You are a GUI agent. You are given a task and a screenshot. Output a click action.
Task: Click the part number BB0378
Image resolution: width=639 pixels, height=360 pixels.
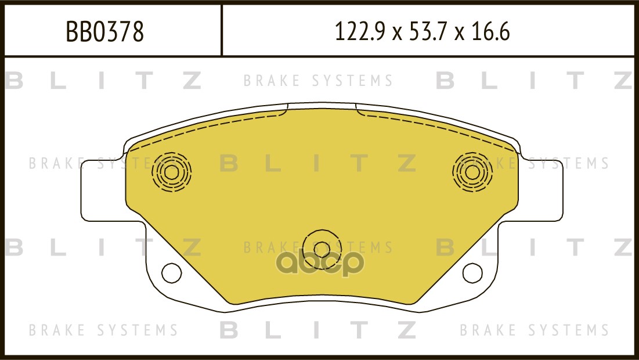(x=104, y=32)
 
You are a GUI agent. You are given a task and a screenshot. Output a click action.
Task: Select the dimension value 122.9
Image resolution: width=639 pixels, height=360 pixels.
(x=360, y=32)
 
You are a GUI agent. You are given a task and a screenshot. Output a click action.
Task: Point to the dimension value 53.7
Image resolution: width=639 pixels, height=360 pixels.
(x=426, y=32)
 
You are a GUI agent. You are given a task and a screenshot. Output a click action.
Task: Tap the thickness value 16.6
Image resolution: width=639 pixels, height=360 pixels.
(x=490, y=32)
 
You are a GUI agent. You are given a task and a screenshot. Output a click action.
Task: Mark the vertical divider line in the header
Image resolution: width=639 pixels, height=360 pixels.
(x=221, y=30)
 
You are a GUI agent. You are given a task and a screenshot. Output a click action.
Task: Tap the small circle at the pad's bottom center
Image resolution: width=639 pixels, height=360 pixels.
(x=322, y=250)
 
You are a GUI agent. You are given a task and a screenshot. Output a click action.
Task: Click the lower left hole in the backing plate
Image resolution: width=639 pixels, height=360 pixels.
(x=172, y=273)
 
